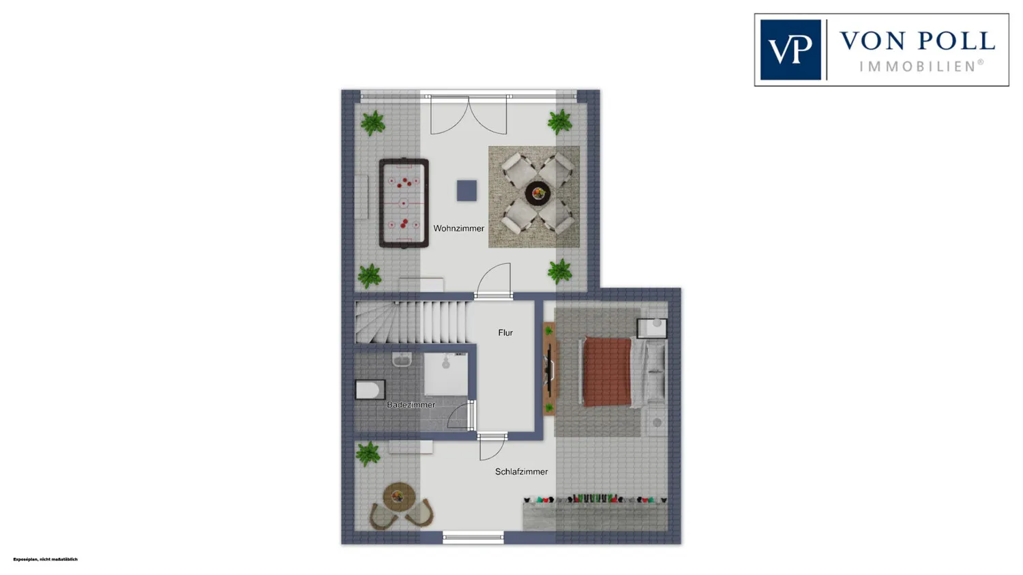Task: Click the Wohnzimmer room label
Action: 458,228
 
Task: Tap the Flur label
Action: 505,333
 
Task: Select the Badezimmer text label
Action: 411,404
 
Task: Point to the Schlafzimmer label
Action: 522,472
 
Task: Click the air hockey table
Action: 404,203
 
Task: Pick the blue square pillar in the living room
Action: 466,190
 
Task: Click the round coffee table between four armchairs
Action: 537,194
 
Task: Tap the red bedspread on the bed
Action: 608,372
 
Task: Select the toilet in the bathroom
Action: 370,390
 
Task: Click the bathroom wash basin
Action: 402,359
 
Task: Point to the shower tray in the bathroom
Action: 446,374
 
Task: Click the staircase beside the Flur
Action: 411,322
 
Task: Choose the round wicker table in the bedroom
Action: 399,497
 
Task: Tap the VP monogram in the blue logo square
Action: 790,50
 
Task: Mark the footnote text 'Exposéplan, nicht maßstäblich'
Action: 45,559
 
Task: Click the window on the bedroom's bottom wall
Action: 473,538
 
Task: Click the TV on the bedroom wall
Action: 550,368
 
